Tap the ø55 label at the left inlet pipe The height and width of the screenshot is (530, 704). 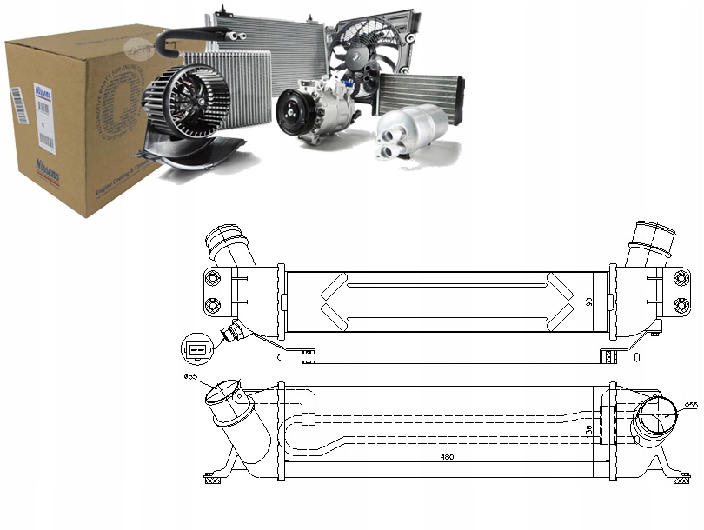(189, 376)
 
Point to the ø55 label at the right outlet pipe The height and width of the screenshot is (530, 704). (691, 405)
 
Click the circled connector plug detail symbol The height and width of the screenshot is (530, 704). (196, 350)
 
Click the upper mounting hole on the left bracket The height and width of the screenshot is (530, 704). (211, 277)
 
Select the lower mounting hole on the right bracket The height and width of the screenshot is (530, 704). (681, 305)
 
